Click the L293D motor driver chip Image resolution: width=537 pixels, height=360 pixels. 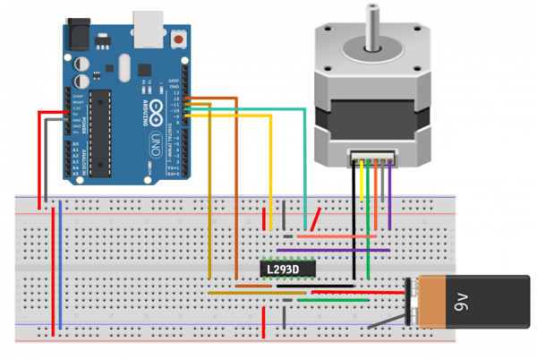coord(293,269)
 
